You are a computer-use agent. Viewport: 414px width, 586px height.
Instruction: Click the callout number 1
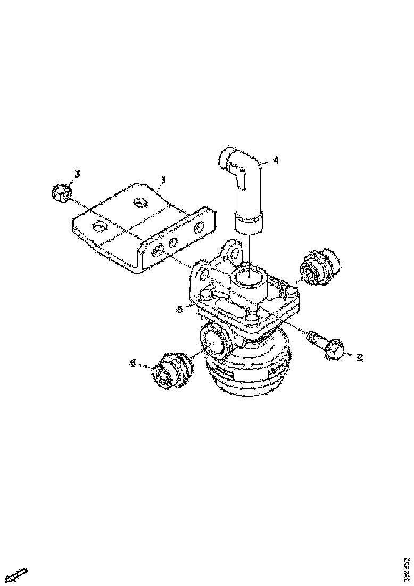tap(164, 181)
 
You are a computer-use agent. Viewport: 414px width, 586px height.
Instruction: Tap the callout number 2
tap(359, 357)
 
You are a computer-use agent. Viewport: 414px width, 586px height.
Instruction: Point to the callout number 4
tap(275, 160)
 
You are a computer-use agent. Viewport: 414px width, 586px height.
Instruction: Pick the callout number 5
tap(180, 308)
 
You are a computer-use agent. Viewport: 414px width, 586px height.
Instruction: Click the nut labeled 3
tap(62, 193)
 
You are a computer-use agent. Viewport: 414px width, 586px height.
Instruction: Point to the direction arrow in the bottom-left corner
tap(19, 575)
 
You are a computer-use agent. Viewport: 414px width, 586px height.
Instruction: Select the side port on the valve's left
tap(214, 340)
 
